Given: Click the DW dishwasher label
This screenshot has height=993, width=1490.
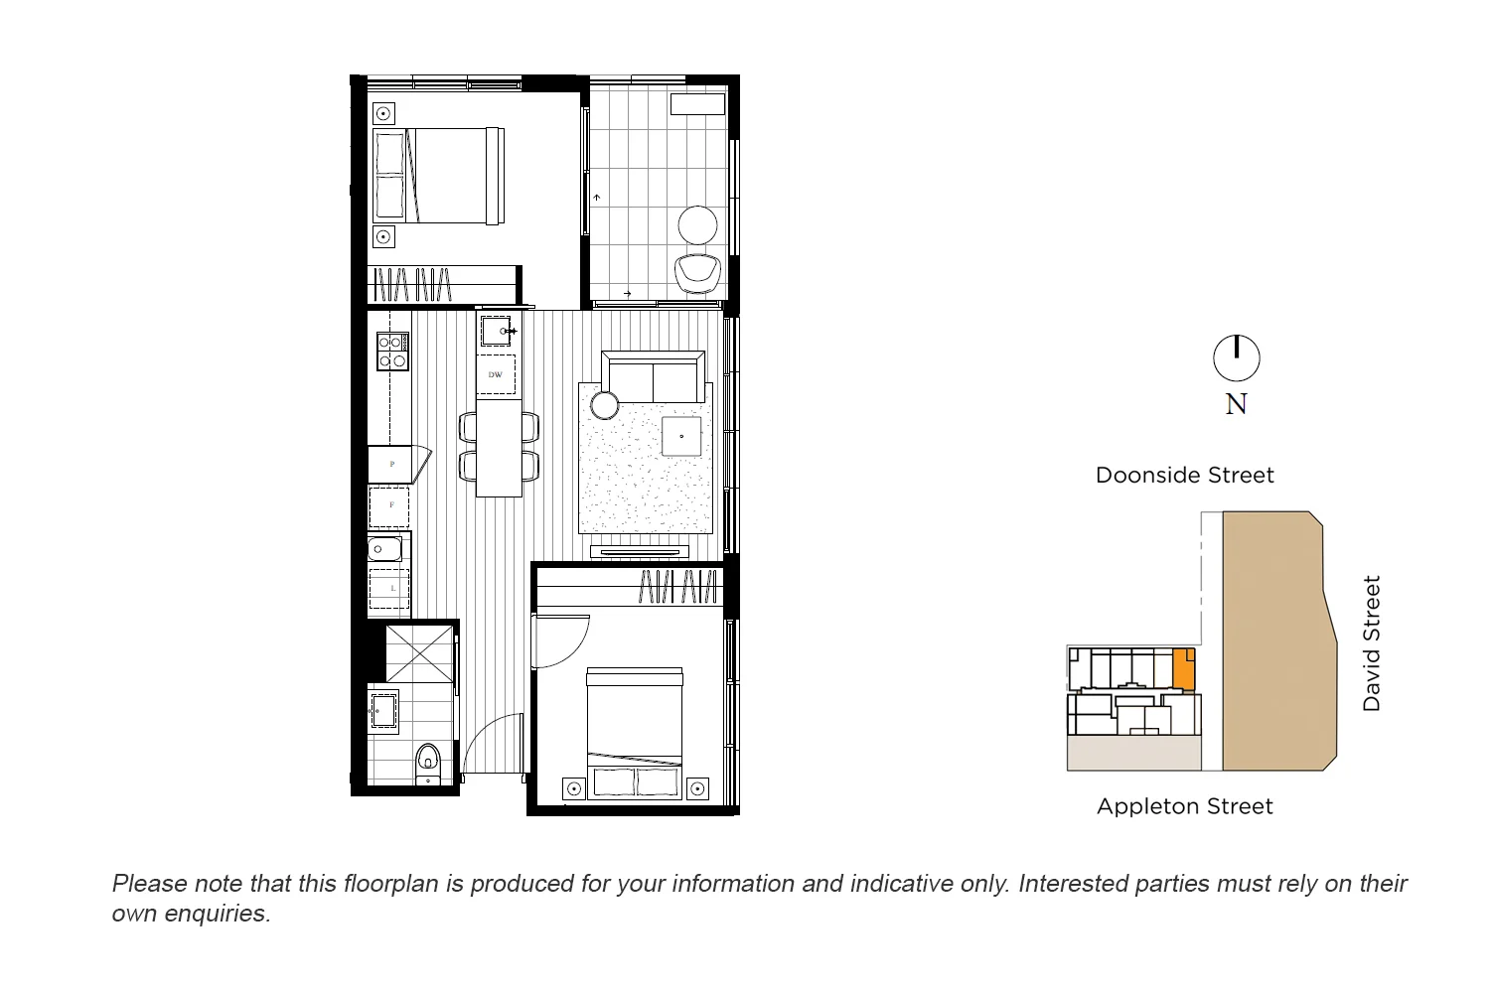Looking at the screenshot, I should (496, 374).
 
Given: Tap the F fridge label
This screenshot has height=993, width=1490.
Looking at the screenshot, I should (391, 505).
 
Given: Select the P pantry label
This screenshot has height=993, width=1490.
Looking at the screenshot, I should (392, 464).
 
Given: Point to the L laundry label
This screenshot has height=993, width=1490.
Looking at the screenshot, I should (392, 589).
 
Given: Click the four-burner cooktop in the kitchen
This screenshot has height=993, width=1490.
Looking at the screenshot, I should (392, 351).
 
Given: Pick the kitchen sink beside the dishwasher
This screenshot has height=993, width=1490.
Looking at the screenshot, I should (496, 330).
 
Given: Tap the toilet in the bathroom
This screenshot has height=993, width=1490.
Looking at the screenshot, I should (428, 760).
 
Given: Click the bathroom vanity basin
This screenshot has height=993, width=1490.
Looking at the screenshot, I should (382, 709).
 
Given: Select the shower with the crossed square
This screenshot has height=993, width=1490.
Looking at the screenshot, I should (419, 651).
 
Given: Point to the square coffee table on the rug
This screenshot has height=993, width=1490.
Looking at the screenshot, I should (681, 436).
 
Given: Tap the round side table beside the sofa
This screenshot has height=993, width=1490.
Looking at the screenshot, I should (605, 405).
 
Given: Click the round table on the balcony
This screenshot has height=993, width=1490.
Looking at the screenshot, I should (698, 224).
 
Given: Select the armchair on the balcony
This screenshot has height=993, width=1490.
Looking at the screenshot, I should (698, 272).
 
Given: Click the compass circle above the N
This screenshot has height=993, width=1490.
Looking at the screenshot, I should (1237, 358).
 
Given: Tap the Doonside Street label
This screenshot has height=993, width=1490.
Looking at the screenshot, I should (1184, 476).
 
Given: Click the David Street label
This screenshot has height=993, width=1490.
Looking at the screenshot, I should (1372, 643).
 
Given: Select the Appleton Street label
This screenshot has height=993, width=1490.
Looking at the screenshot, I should (1184, 806).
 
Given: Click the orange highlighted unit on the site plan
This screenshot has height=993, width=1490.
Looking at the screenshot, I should (1183, 669).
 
